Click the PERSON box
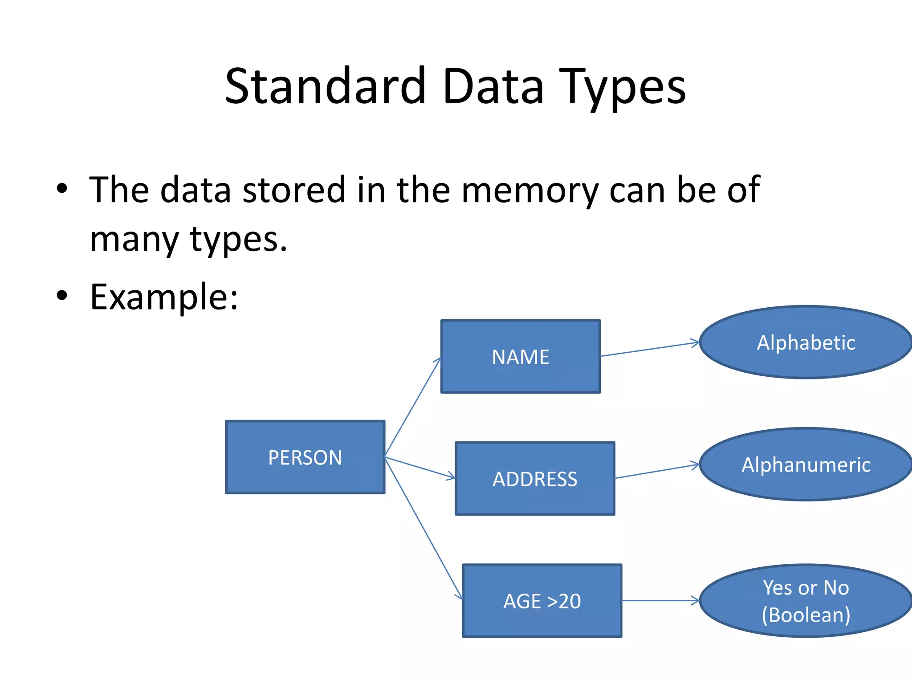coord(305,457)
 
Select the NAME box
coord(520,356)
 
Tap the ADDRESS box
coord(535,479)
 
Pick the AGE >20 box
coord(542,601)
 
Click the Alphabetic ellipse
coord(806,342)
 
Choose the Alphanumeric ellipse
coord(806,464)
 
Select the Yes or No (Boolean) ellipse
coord(806,601)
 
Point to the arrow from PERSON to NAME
coord(413,407)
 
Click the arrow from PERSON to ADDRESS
coord(420,468)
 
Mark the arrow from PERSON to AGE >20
coord(423,527)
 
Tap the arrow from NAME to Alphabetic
coord(649,349)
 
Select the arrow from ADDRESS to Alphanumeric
coord(657,471)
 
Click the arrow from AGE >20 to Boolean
coord(660,601)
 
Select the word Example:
coord(164,297)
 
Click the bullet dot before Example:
coord(62,295)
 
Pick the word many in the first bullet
coord(134,240)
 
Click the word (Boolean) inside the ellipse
coord(806,615)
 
